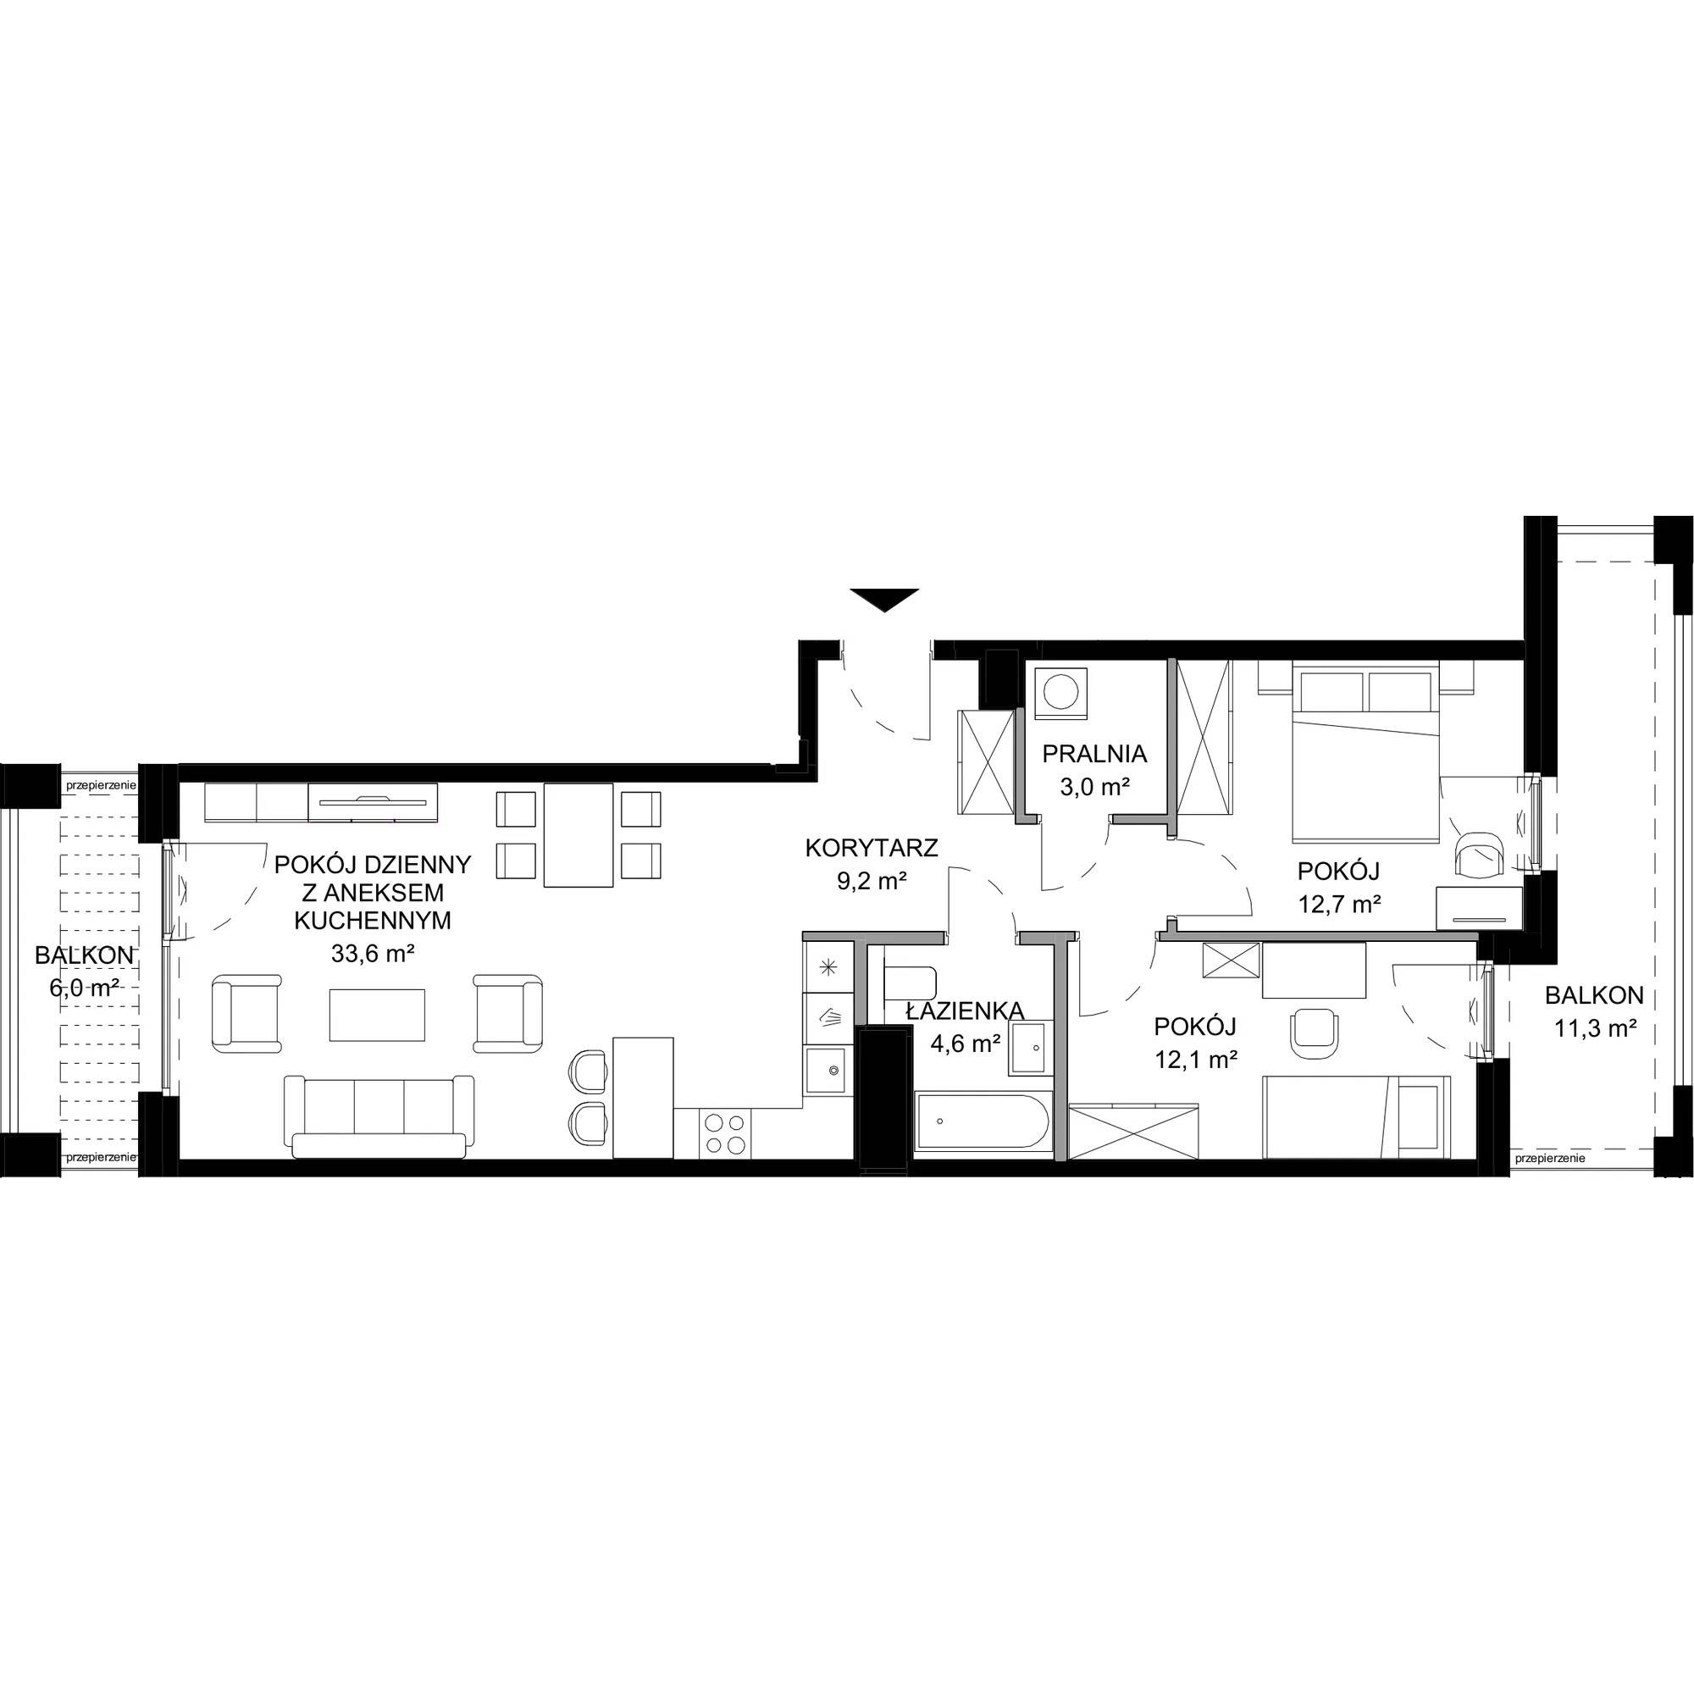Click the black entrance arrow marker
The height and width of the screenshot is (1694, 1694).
coord(883,599)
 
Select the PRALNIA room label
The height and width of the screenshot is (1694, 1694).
coord(1094,753)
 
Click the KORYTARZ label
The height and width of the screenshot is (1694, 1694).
coord(872,848)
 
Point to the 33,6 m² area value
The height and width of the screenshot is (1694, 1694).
coord(374,954)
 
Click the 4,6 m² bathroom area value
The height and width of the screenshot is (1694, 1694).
coord(965,1044)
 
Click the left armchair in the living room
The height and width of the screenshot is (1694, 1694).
coord(248,1014)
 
